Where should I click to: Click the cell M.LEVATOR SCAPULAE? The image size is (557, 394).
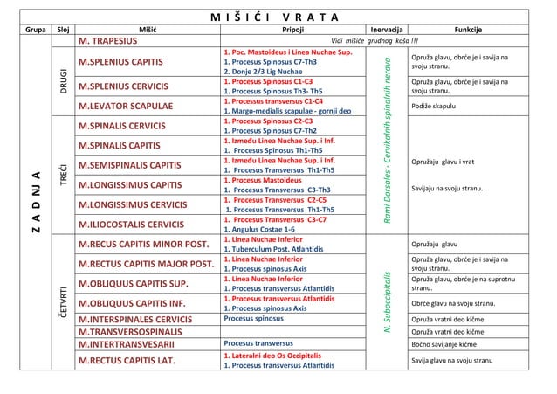coord(132,107)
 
